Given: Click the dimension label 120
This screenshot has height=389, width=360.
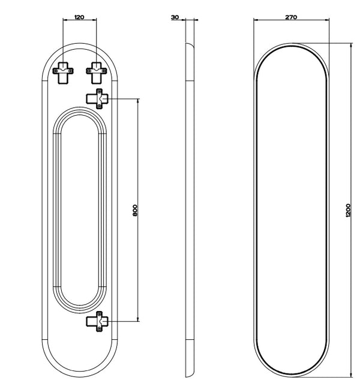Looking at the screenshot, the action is click(79, 17).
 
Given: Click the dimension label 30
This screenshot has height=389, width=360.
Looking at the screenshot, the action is click(175, 17).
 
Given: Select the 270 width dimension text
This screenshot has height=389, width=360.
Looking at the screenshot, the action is click(291, 17).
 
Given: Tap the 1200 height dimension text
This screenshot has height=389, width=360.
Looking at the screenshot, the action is click(348, 210).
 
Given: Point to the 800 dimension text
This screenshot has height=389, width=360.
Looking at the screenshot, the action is click(135, 210).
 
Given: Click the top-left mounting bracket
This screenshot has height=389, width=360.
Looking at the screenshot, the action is click(63, 73).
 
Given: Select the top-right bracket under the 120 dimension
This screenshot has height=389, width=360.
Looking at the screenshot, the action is click(97, 73).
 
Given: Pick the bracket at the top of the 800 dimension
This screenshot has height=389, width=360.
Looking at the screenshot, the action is click(97, 99).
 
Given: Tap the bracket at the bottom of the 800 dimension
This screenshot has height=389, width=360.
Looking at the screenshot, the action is click(97, 321).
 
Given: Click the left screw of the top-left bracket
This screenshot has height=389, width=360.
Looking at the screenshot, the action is click(55, 71).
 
